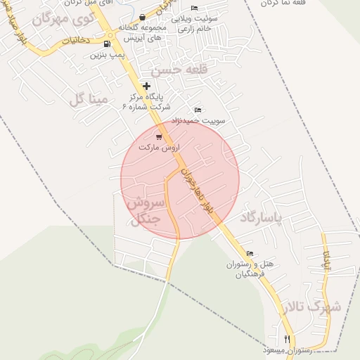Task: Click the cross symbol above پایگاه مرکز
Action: tap(146, 86)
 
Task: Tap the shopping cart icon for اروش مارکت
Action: tap(159, 136)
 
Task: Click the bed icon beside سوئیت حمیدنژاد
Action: tap(198, 110)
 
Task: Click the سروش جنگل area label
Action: tap(147, 210)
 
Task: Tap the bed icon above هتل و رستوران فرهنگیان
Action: tap(250, 254)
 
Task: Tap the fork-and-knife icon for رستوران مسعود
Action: tap(287, 339)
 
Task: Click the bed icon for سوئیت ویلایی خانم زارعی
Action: tap(195, 7)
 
